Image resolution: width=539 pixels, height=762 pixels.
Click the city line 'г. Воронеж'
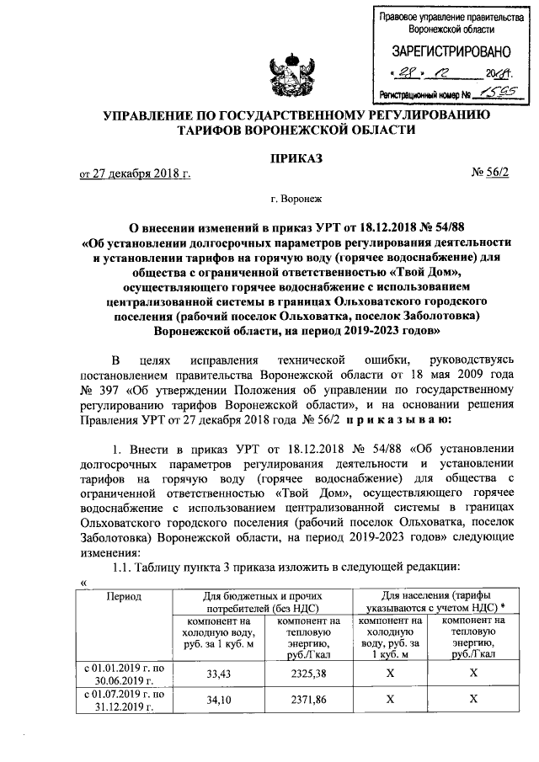296,201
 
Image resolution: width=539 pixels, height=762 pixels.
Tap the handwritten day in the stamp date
407,73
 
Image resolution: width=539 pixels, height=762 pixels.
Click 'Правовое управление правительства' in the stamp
445,18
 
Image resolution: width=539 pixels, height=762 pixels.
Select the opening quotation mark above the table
83,582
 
